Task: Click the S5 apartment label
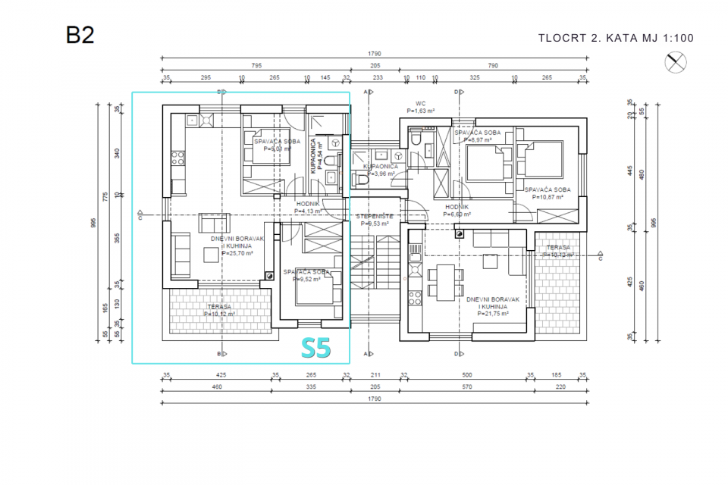(316, 347)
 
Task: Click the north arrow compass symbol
(675, 63)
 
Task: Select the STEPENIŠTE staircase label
(373, 216)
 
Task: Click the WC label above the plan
(420, 103)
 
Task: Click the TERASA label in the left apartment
(221, 306)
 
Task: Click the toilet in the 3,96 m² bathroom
(362, 181)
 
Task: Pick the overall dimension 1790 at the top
(374, 55)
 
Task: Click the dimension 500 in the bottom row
(468, 374)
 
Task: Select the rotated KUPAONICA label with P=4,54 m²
(316, 157)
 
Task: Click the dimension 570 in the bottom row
(468, 386)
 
